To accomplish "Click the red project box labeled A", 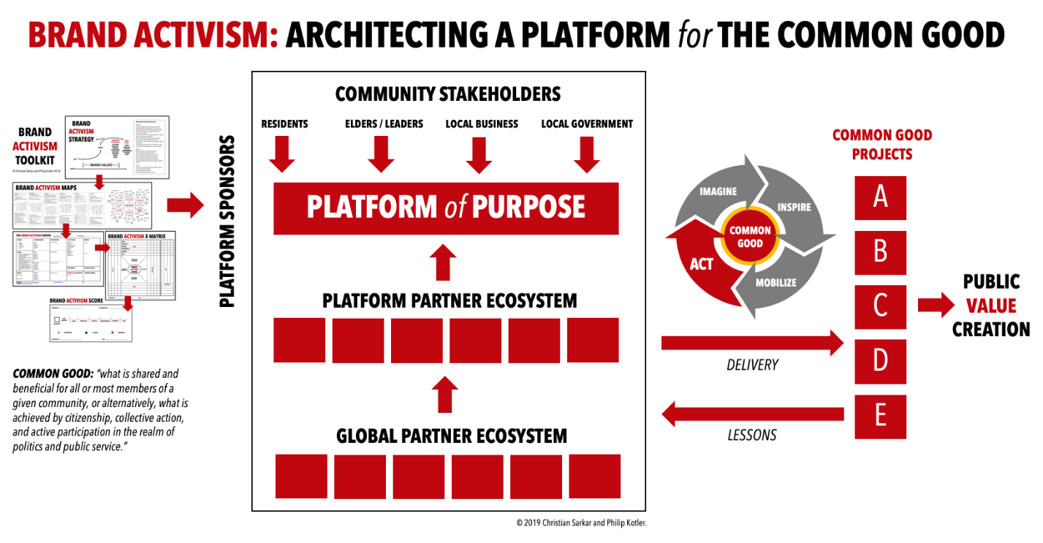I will coord(880,197).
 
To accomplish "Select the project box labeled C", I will coord(880,306).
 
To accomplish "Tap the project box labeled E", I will coord(880,416).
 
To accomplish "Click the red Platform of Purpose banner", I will coord(446,208).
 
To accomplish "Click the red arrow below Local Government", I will coord(587,153).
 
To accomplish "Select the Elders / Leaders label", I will coord(384,124).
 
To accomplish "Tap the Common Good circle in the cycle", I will coord(750,237).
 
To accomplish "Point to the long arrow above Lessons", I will coord(752,415).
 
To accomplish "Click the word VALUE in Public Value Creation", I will coord(991,305).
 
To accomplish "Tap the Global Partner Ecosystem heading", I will coord(451,436).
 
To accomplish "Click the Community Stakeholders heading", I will coord(447,94).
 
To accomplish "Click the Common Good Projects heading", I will coord(882,144).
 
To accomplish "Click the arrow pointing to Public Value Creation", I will coord(936,305).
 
